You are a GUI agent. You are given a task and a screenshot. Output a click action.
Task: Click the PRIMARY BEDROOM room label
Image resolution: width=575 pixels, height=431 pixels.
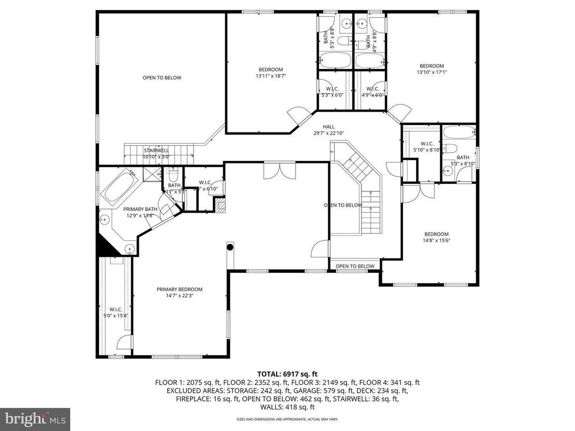179,289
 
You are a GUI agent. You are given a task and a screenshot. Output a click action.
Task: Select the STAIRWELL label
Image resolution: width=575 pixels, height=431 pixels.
156,151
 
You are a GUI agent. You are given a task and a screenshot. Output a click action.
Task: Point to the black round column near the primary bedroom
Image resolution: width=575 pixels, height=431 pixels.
230,247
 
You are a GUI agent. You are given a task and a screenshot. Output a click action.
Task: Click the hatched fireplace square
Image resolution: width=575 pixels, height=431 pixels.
220,206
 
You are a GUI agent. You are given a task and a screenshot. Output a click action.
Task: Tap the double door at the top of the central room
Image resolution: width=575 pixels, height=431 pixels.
279,170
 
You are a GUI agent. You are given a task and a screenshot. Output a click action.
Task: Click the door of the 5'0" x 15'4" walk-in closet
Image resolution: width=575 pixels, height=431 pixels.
124,343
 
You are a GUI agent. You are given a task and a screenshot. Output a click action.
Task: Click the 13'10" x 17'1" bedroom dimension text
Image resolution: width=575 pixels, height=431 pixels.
431,72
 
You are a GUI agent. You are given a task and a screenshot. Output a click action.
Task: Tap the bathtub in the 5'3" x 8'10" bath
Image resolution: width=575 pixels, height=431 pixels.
459,132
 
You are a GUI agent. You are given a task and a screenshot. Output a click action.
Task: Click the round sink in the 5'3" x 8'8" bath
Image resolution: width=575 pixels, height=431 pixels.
345,23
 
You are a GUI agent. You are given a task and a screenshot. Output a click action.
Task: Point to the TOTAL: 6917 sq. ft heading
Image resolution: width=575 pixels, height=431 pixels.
287,374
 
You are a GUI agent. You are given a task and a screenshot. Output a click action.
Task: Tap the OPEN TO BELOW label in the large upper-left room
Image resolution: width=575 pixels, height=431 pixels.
161,78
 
